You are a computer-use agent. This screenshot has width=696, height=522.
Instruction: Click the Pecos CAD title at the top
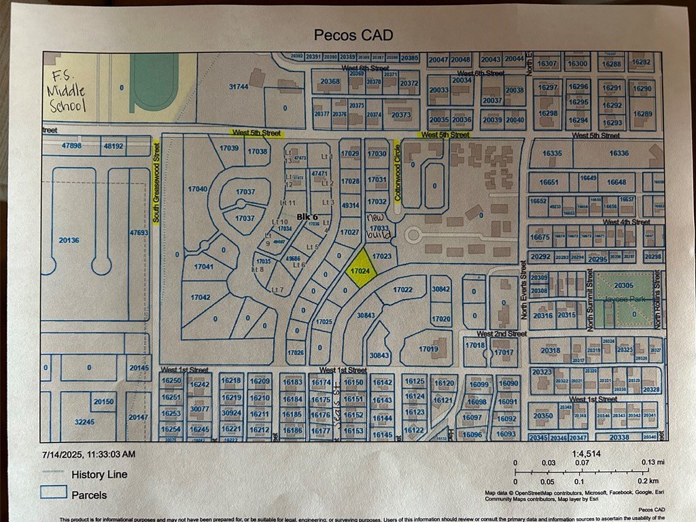coord(353,35)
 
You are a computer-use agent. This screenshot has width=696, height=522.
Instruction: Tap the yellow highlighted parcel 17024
coord(361,271)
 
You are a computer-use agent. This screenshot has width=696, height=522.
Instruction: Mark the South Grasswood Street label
coord(156,180)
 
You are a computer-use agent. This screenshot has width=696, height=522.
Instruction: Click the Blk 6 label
coord(307,217)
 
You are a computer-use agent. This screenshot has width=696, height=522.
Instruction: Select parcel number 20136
coord(69,240)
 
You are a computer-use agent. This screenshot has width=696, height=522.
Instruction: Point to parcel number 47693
coord(139,233)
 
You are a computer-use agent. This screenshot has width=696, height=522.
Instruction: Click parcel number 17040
coord(197,188)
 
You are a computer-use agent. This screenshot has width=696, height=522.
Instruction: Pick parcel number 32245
coord(84,422)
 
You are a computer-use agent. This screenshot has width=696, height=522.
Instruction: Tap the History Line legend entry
coord(99,474)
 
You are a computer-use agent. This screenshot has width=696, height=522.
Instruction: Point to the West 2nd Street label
coord(502,334)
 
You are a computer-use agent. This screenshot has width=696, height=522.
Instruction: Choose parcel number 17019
coord(428,349)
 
